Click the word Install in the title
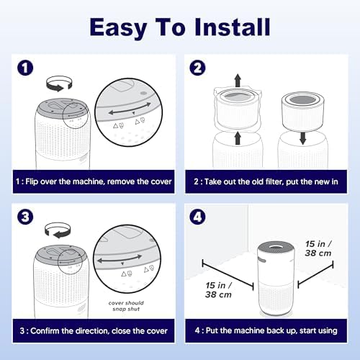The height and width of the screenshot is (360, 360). (x=233, y=27)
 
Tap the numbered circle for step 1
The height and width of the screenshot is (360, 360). (x=25, y=68)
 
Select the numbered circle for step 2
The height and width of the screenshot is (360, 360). (x=197, y=68)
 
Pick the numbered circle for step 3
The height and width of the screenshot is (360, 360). (x=25, y=217)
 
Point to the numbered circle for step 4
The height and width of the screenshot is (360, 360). (x=197, y=217)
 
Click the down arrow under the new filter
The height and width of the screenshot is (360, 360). (x=303, y=138)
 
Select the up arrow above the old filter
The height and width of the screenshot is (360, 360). (x=238, y=81)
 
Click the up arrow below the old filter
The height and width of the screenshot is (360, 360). (x=238, y=138)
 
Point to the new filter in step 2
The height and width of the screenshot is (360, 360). (x=303, y=112)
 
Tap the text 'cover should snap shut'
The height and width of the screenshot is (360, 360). (x=126, y=306)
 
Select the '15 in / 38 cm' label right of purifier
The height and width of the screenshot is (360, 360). (x=318, y=248)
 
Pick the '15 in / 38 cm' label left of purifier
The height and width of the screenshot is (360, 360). (x=218, y=290)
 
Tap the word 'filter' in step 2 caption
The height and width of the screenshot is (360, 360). (x=272, y=181)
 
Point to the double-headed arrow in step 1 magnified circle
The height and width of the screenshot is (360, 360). (x=130, y=109)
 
